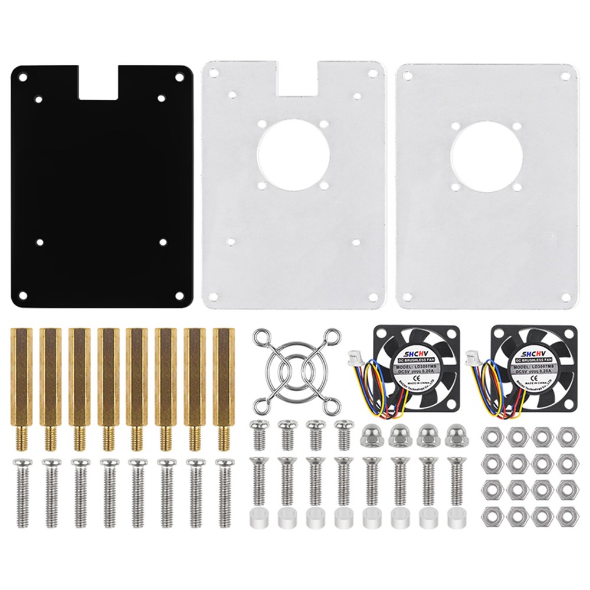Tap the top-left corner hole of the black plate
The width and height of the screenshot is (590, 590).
[x=22, y=77]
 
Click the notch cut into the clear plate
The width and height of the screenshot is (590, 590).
[x=297, y=77]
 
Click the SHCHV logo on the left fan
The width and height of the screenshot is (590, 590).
[x=415, y=350]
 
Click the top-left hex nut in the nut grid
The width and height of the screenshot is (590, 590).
[x=490, y=436]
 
